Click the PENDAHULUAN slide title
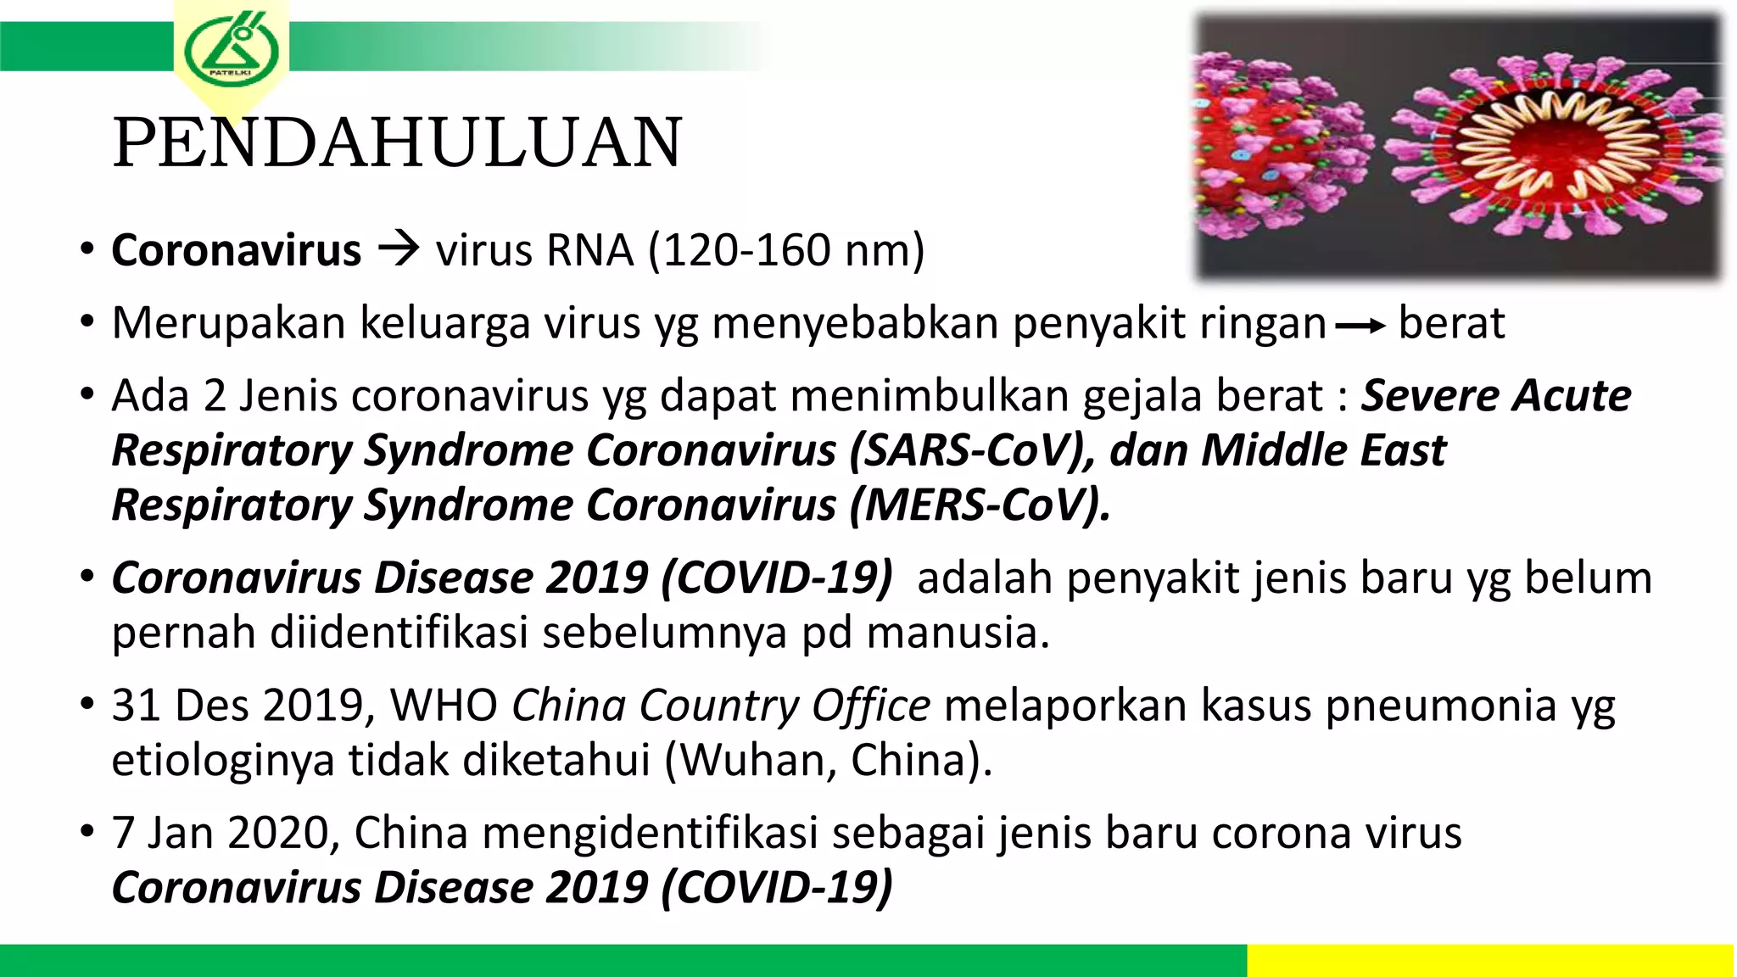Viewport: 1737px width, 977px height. click(397, 142)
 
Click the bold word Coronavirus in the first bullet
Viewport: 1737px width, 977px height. click(237, 251)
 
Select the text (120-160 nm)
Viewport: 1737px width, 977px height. click(786, 251)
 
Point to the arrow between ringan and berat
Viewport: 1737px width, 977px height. click(1360, 326)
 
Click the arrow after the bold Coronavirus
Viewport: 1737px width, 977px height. click(399, 249)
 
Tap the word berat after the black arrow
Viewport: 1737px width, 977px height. click(1451, 324)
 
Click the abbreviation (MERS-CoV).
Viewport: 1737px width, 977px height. click(980, 505)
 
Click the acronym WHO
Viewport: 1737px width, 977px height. click(443, 706)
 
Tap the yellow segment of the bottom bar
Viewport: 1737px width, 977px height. click(1490, 960)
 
